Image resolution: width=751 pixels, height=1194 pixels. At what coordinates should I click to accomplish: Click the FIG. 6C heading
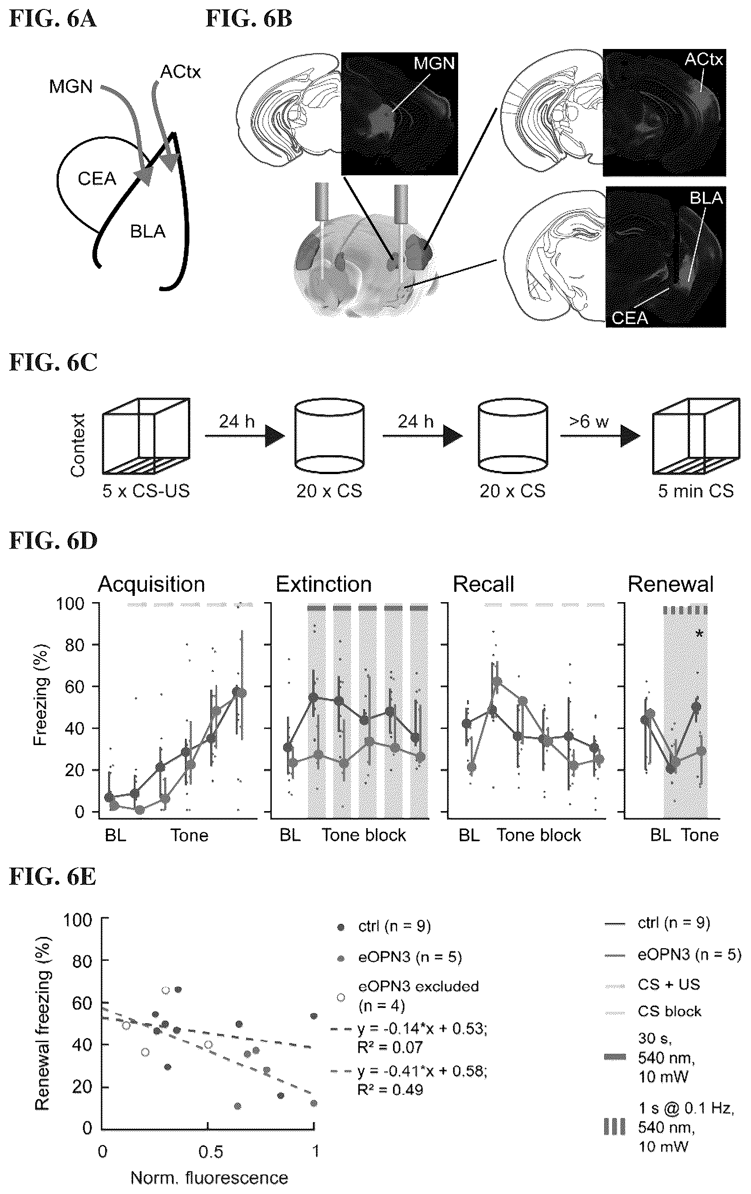coord(53,363)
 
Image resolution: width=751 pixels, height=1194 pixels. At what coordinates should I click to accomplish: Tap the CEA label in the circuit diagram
coord(97,179)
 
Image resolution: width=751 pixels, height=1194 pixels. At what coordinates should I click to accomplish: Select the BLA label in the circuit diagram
coord(148,231)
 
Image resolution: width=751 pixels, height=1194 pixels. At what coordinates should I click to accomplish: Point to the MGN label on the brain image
coord(434,63)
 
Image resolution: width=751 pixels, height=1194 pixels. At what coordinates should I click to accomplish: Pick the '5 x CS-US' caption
coord(146,491)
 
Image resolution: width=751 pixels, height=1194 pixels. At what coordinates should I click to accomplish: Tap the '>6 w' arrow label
coord(589,422)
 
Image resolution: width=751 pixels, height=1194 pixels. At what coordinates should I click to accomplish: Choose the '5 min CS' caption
coord(695,491)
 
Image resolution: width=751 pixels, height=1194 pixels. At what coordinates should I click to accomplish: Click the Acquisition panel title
coord(151,585)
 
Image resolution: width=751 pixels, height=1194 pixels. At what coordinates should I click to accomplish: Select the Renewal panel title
coord(671,585)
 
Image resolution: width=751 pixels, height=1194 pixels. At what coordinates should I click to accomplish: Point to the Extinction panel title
coord(324,585)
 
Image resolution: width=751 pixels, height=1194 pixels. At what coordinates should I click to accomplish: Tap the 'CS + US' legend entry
coord(669,984)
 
